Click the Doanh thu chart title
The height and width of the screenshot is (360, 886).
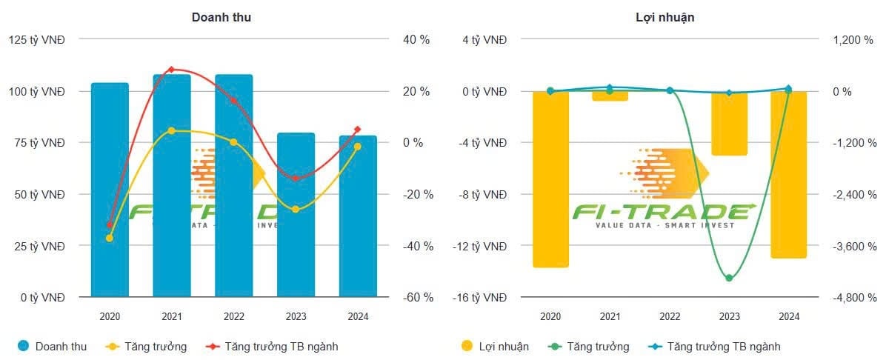[221, 17]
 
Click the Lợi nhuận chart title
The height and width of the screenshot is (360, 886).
[665, 17]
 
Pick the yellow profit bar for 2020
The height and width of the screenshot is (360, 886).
[550, 179]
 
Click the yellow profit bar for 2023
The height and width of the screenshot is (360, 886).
[729, 123]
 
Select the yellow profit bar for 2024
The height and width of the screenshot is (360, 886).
[788, 174]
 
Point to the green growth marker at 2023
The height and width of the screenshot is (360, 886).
[729, 279]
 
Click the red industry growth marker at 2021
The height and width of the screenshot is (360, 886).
[171, 70]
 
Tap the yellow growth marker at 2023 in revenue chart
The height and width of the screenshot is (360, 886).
[296, 210]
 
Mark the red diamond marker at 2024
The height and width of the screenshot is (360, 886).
[357, 130]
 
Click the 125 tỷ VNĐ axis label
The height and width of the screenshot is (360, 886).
[37, 40]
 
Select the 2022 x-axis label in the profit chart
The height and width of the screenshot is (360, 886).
[670, 316]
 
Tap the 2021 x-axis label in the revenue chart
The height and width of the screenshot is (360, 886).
[171, 316]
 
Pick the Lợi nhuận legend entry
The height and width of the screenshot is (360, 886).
[495, 346]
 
